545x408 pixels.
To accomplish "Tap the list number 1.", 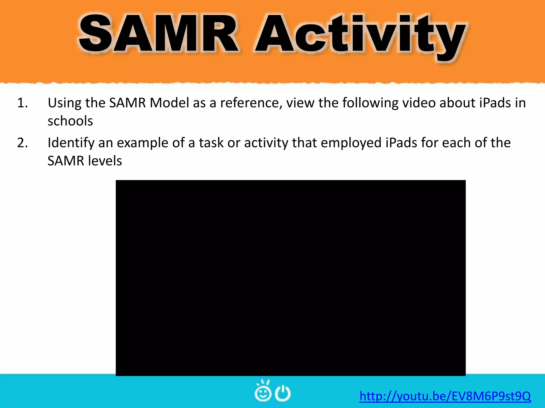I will tap(22, 103).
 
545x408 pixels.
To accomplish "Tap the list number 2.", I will tap(22, 143).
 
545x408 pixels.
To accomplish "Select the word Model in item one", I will tap(169, 103).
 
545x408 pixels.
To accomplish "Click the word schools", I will tap(70, 121).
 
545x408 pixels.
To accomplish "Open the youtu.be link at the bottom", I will tap(445, 396).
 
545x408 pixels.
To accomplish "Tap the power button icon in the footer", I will tap(282, 393).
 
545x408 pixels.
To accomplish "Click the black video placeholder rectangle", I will tap(291, 278).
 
